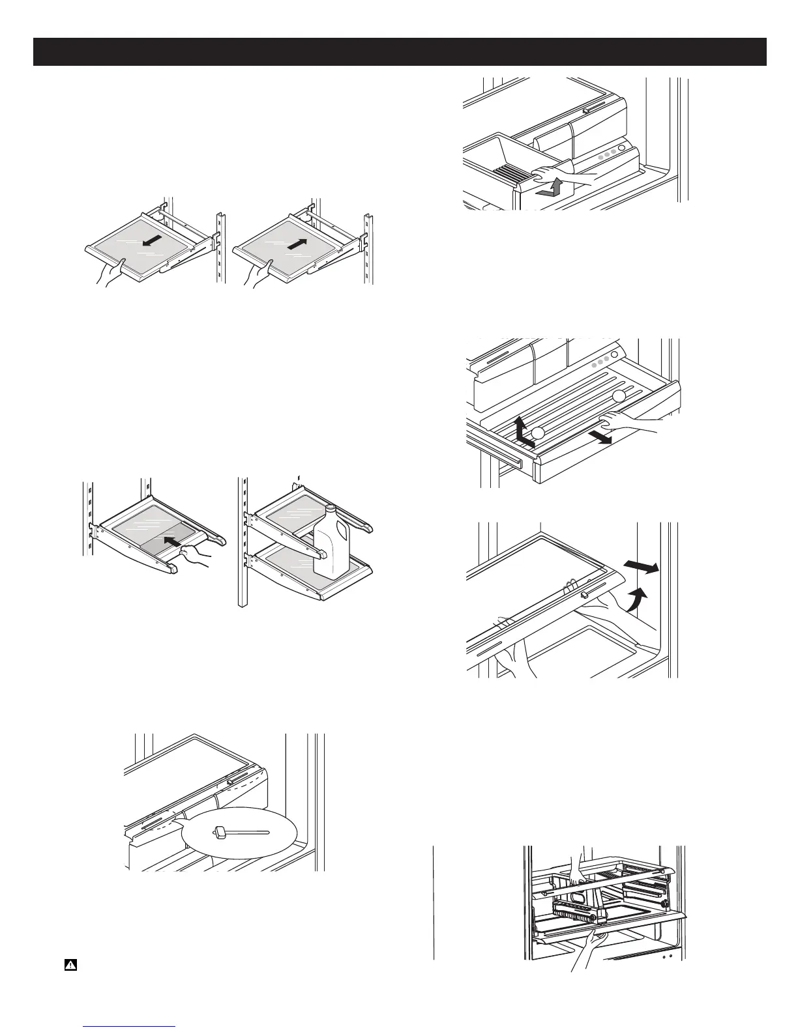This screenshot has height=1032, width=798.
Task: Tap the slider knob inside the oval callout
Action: [220, 831]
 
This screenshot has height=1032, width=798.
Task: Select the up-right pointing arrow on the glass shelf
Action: [296, 243]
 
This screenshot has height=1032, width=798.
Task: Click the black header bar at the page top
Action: [400, 52]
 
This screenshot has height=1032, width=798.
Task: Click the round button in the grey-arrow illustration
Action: [620, 149]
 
